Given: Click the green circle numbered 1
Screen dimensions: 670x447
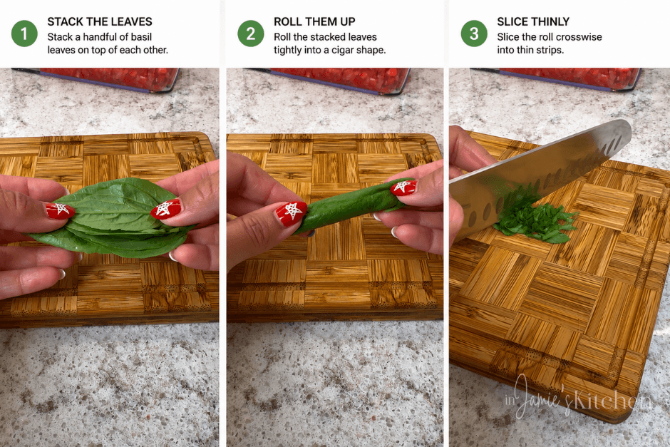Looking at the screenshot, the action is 24,34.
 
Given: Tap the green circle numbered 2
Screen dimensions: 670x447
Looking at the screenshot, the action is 251,34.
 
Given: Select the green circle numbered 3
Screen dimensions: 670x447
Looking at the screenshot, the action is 474,34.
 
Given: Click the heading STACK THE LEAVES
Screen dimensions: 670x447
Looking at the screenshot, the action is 100,21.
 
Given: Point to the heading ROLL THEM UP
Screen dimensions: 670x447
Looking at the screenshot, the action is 314,21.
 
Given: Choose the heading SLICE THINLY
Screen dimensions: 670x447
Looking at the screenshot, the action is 533,21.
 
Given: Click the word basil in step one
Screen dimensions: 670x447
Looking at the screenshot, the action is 141,37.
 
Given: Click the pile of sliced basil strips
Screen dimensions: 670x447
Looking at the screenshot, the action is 534,218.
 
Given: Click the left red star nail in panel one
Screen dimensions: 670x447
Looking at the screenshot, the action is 60,210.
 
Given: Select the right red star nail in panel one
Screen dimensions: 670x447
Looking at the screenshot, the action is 166,209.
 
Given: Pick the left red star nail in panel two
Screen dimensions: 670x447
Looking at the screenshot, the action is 291,213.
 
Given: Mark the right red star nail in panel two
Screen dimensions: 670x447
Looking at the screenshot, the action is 403,187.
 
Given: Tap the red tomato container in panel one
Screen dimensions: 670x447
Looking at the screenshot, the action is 109,79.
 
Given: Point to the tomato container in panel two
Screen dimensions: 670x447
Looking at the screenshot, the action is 338,80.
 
